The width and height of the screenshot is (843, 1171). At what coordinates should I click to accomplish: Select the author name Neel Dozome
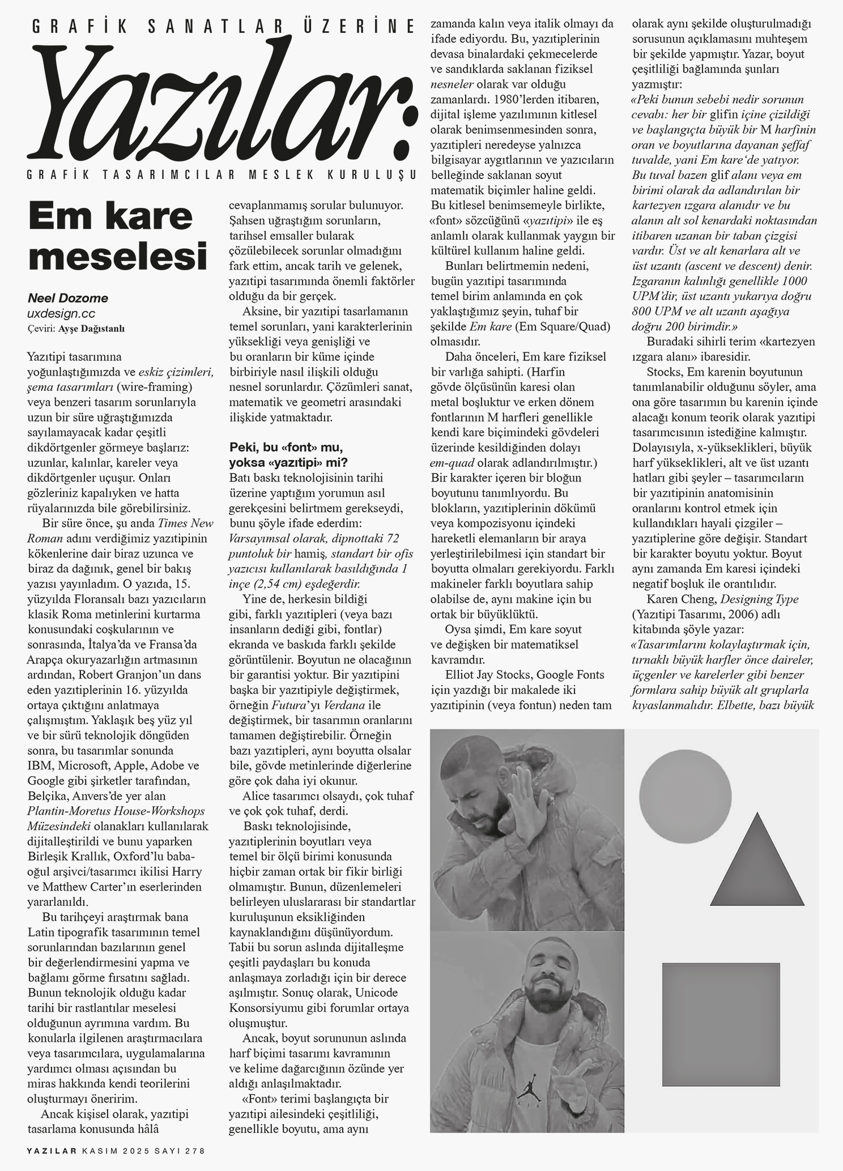[x=67, y=298]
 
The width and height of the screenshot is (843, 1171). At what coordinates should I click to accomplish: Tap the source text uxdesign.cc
[x=61, y=313]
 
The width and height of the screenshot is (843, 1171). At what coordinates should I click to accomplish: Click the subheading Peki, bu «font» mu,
[x=287, y=446]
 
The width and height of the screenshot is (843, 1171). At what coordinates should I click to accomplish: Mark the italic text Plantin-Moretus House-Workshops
[x=116, y=811]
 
